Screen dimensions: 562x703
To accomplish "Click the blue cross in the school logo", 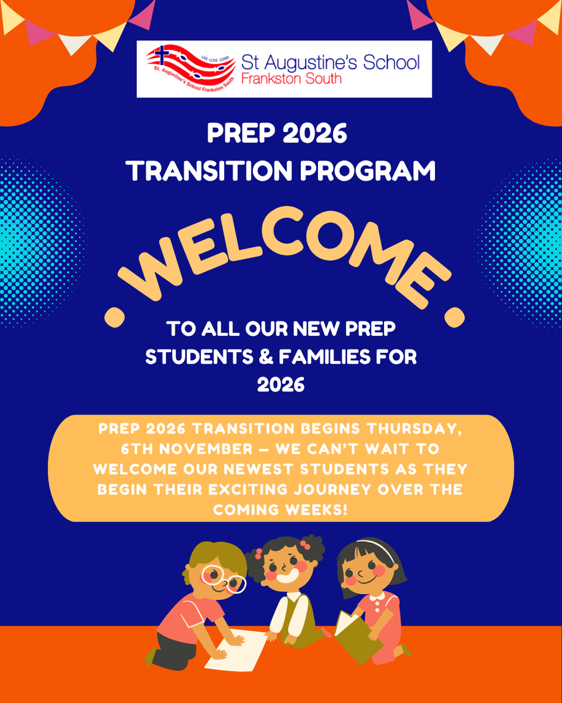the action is coord(162,54).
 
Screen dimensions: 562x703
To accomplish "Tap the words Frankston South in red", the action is coord(292,79).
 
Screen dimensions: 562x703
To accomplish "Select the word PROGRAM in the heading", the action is coord(368,170).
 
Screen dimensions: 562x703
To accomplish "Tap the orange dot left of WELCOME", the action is coord(115,317).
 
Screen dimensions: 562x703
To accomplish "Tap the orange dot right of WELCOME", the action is coord(454,317).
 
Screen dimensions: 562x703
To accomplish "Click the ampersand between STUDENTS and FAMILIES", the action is coord(266,357).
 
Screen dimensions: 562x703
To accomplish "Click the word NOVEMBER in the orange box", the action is coord(206,449).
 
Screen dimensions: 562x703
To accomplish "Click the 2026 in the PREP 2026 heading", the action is coord(314,134).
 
